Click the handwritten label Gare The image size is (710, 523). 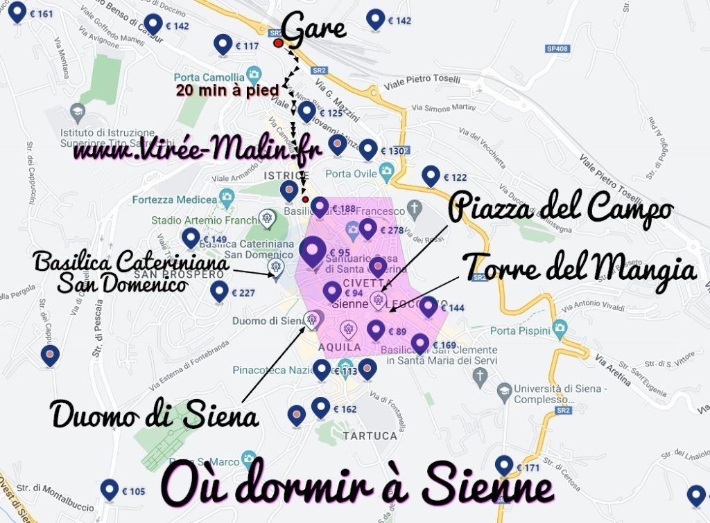313,29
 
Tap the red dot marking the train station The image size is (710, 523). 279,44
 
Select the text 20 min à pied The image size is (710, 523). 227,90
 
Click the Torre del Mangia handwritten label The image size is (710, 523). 579,267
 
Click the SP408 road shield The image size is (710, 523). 557,48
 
